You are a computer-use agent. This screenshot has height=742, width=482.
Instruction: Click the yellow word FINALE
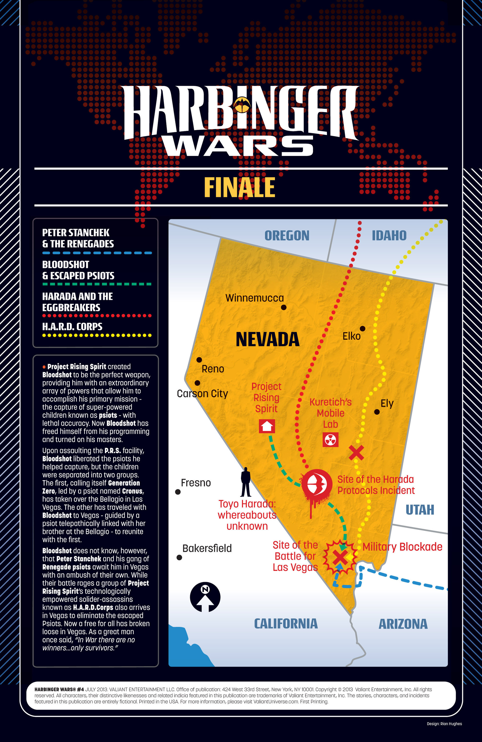pyautogui.click(x=239, y=187)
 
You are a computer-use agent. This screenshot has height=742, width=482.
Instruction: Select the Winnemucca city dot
pyautogui.click(x=284, y=308)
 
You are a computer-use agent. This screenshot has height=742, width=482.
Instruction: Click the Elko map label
pyautogui.click(x=351, y=336)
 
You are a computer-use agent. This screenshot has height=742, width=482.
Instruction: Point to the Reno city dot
pyautogui.click(x=199, y=360)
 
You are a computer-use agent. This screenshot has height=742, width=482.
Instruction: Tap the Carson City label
pyautogui.click(x=202, y=394)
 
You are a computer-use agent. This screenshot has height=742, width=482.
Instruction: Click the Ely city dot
pyautogui.click(x=377, y=412)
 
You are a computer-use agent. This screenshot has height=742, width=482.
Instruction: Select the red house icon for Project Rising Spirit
pyautogui.click(x=267, y=426)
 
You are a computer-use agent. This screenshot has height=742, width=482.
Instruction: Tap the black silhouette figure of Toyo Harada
pyautogui.click(x=246, y=482)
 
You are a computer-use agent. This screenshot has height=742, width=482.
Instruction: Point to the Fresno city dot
pyautogui.click(x=178, y=492)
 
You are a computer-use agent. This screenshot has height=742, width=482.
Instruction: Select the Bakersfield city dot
pyautogui.click(x=179, y=557)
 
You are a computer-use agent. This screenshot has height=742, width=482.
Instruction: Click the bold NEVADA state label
pyautogui.click(x=267, y=339)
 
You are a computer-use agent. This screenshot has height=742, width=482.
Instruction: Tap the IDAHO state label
pyautogui.click(x=389, y=236)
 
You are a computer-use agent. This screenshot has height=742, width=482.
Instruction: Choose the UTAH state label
pyautogui.click(x=420, y=510)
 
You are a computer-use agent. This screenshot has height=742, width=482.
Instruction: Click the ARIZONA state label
pyautogui.click(x=403, y=624)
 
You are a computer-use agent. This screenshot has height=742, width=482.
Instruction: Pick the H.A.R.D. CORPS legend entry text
pyautogui.click(x=72, y=326)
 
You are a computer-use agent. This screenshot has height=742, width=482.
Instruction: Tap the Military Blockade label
pyautogui.click(x=402, y=547)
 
